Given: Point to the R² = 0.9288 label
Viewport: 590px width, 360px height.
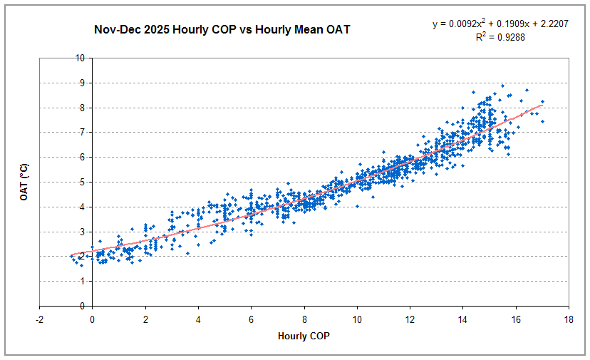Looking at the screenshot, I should click(500, 37).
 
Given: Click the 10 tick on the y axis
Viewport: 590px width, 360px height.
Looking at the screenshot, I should click(29, 58).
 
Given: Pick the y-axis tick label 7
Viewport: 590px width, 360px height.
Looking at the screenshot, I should click(31, 133).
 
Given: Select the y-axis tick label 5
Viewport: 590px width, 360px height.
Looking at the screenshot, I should click(31, 182).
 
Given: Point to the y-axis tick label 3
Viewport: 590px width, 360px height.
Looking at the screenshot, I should click(31, 232).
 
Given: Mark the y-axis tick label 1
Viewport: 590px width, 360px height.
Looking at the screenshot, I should click(31, 282).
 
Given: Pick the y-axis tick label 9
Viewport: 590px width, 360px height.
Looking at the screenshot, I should click(31, 83).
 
